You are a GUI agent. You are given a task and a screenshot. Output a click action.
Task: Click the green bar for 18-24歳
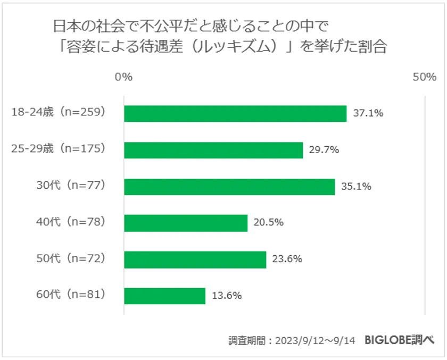coord(235,114)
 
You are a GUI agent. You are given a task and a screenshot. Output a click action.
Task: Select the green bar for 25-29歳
coord(213,150)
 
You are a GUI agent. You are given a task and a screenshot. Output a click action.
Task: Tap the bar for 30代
coord(229,187)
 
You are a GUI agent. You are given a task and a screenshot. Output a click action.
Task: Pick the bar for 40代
coord(185,223)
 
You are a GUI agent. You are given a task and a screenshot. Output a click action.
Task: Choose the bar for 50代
coord(195,259)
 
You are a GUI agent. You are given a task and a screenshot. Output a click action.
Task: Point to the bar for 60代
coord(164,296)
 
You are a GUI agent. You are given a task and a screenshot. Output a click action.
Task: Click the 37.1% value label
coord(368,114)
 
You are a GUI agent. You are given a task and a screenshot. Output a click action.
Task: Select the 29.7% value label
coord(324,150)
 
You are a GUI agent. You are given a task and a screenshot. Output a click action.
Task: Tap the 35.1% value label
coord(355,187)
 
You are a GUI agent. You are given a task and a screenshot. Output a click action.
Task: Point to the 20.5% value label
coord(268,223)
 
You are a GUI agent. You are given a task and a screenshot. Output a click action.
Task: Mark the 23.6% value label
coord(287,259)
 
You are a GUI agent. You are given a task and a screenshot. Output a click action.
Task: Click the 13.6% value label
coord(226,296)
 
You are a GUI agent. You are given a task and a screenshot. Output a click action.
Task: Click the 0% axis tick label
coord(123,78)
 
